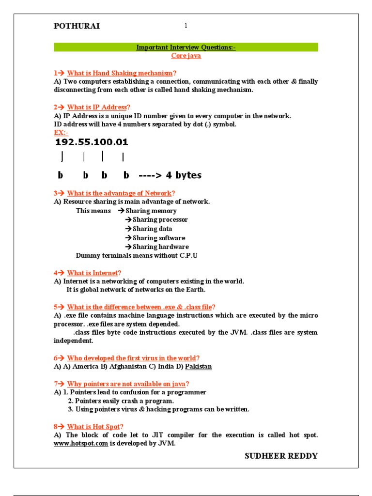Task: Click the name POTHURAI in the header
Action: pos(77,26)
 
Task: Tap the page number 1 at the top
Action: pos(186,26)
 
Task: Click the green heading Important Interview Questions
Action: pos(186,47)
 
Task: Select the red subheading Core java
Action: pos(186,56)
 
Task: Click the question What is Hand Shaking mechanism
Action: pos(119,73)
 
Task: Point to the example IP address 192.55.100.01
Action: pos(92,142)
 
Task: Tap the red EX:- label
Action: pos(61,133)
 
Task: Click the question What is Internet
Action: pos(93,273)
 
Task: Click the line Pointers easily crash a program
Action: pos(121,401)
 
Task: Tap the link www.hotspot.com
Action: pos(80,444)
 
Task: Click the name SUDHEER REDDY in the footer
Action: pos(281,456)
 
